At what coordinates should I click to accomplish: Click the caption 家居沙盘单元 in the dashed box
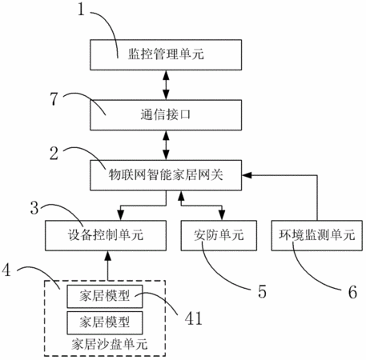point(109,344)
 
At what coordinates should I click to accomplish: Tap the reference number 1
point(81,10)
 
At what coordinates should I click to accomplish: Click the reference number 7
point(54,98)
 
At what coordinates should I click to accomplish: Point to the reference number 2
point(54,154)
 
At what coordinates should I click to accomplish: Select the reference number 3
point(34,208)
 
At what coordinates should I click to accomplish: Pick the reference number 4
point(6,270)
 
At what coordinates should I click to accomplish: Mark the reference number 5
point(262,291)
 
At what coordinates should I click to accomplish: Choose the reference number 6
point(352,292)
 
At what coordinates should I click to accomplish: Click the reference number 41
point(194,318)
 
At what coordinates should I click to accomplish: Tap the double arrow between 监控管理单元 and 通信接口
point(166,85)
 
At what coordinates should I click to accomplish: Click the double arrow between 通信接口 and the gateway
point(166,145)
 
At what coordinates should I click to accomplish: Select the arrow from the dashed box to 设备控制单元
point(108,266)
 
